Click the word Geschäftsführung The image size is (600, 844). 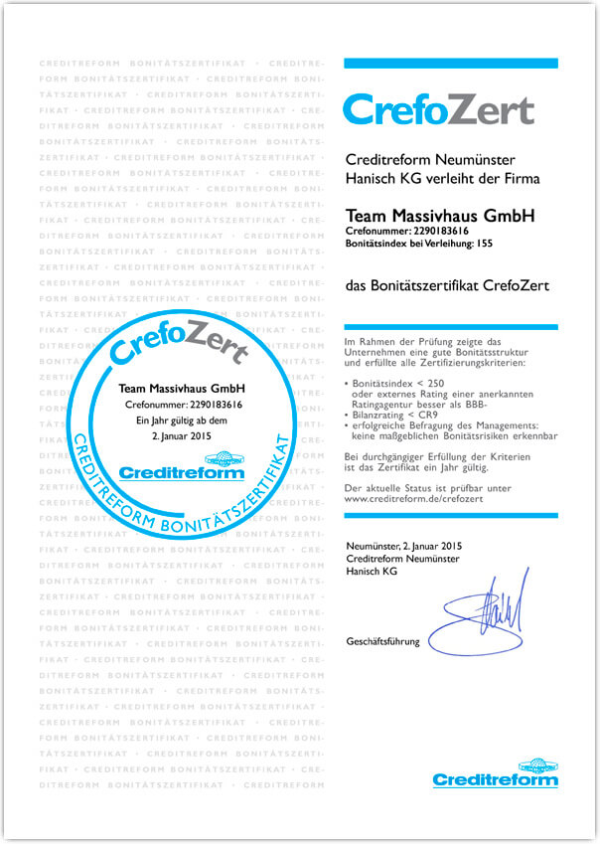click(x=382, y=642)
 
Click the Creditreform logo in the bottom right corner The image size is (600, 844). click(x=495, y=772)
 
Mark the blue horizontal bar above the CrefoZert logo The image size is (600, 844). click(x=450, y=64)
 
